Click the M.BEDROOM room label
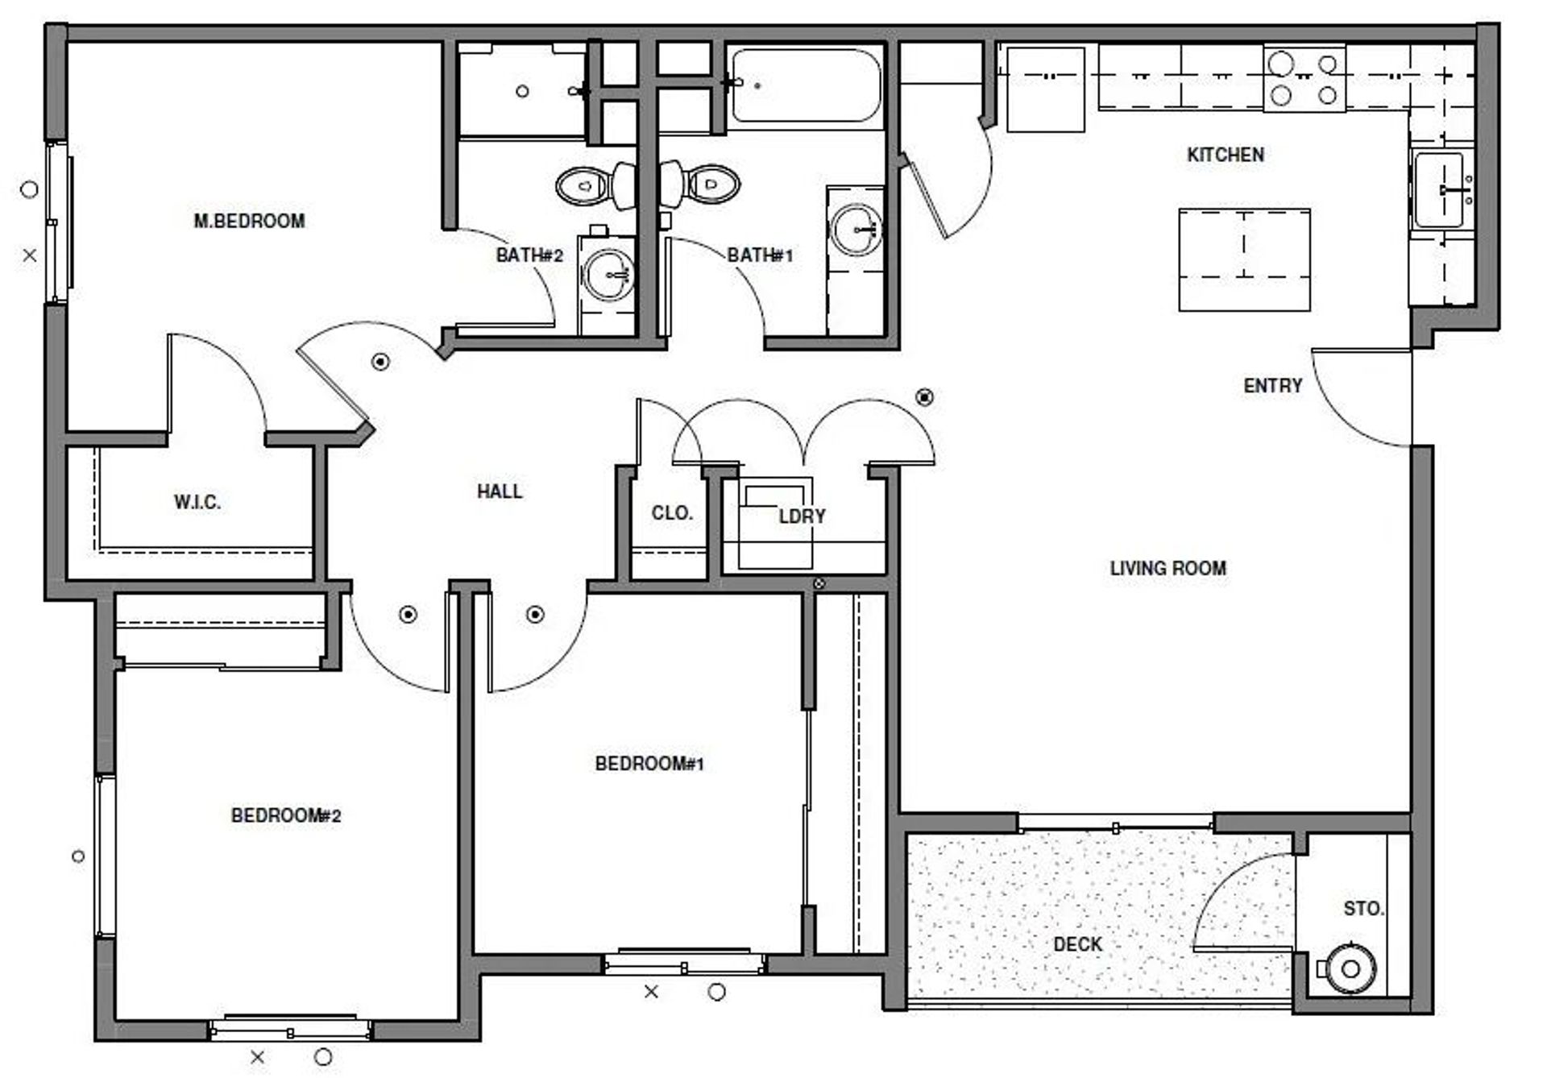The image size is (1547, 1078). [x=249, y=221]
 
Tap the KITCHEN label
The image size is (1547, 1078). [x=1225, y=155]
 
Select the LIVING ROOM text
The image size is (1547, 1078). [x=1168, y=568]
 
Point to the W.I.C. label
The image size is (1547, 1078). [x=197, y=503]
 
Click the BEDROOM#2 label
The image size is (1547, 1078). [x=286, y=815]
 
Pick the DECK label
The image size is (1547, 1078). [x=1077, y=944]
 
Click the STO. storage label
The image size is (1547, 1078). [x=1363, y=909]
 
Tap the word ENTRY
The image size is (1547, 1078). [x=1272, y=386]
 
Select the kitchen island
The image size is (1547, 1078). [x=1244, y=259]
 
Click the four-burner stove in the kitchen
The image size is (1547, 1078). [x=1304, y=79]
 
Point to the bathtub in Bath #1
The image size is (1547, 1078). [x=806, y=85]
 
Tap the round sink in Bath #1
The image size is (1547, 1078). [x=856, y=230]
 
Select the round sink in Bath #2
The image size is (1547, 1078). [x=608, y=273]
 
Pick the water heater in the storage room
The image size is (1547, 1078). [x=1350, y=968]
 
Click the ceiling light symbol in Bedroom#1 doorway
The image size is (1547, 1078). [x=535, y=616]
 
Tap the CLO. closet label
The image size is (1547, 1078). [x=672, y=513]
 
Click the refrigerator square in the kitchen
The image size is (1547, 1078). [x=1045, y=89]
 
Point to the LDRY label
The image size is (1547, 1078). [x=802, y=516]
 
